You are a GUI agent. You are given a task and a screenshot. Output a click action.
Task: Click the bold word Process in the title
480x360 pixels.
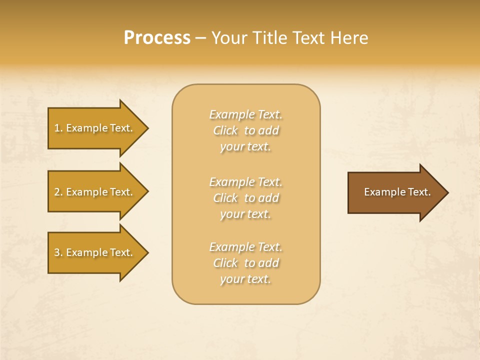tap(157, 38)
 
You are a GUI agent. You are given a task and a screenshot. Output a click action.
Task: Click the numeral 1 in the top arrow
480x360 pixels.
tap(57, 128)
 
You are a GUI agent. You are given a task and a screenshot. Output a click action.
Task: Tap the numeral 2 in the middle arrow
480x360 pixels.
tap(57, 192)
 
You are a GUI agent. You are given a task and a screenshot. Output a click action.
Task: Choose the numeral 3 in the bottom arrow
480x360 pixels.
tap(57, 252)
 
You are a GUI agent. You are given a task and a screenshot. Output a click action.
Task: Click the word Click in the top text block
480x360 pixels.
tap(225, 130)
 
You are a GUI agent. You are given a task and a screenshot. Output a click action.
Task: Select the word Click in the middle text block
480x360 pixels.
tap(225, 198)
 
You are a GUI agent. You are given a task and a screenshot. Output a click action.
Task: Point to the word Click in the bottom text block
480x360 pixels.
tap(225, 263)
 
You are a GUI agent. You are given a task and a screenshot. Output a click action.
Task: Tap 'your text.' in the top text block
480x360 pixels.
tap(245, 146)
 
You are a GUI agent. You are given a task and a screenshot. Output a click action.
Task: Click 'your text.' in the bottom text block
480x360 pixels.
tap(245, 279)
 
